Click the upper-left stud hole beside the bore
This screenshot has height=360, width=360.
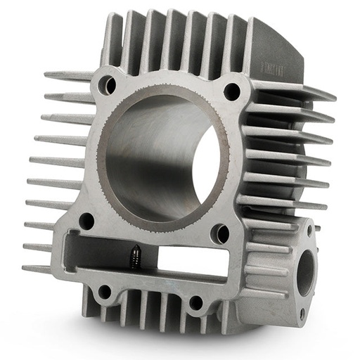pos(107,85)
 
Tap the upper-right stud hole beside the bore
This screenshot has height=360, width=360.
pos(231,90)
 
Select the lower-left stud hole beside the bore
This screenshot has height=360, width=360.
pos(86,221)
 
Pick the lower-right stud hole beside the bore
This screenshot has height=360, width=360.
pos(221,233)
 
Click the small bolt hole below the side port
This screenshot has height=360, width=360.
pos(301,312)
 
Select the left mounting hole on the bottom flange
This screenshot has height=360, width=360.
pos(105,291)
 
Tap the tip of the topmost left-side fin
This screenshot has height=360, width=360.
pos(48,74)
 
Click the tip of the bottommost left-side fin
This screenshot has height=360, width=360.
pos(25,268)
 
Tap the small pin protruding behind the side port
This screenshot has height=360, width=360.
pos(317,227)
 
